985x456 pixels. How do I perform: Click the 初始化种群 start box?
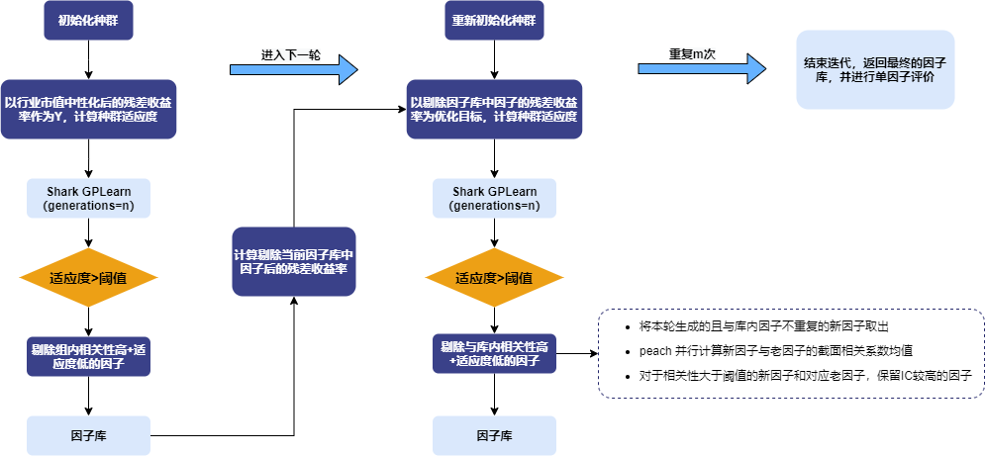click(x=89, y=21)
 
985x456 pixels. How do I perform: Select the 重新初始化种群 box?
click(x=494, y=21)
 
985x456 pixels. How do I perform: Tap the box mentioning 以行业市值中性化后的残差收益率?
click(x=89, y=109)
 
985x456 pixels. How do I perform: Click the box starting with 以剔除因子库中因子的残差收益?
click(x=494, y=109)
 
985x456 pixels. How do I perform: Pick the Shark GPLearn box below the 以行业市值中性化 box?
click(x=89, y=198)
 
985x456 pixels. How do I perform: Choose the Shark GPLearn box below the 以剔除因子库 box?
click(x=494, y=198)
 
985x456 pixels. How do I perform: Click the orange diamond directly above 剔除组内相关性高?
click(x=89, y=278)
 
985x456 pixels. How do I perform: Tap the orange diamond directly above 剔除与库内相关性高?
click(x=494, y=278)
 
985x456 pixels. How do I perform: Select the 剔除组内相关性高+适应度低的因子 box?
click(x=89, y=357)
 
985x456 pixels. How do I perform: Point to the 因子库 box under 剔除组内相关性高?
click(x=89, y=435)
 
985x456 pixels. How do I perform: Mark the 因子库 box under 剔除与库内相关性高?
click(x=494, y=435)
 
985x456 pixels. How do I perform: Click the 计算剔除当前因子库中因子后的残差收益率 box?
click(x=294, y=262)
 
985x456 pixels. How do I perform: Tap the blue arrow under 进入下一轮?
click(x=292, y=69)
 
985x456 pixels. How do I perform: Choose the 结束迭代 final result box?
click(x=875, y=68)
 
